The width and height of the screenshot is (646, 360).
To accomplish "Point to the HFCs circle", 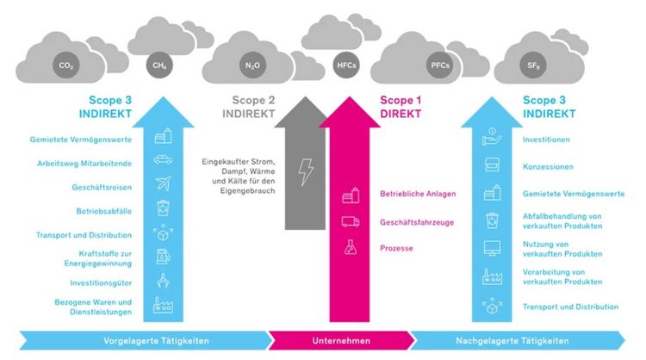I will (342, 64).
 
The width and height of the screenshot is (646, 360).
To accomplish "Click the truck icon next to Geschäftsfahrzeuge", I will (350, 221).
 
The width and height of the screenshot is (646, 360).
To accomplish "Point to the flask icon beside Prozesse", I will (350, 247).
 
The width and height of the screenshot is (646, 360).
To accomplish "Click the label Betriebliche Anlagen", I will (418, 194).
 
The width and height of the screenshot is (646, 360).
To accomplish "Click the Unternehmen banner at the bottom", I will (342, 339).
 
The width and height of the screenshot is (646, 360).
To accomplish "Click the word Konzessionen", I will (548, 166).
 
